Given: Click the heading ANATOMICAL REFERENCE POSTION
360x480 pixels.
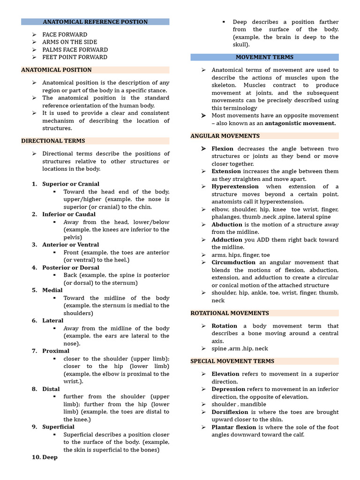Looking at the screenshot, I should point(95,22).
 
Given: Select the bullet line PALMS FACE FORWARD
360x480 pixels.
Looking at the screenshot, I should point(75,50).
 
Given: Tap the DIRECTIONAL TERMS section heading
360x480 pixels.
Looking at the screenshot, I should point(53,141).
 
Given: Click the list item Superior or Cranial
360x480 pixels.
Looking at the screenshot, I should point(71,184).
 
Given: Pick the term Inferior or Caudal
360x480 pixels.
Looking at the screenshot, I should point(68,214).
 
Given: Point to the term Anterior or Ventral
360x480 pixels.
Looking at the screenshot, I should point(70,245).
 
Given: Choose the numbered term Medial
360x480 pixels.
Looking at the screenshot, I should point(52,290).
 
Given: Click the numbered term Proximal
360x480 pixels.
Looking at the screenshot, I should point(55,351).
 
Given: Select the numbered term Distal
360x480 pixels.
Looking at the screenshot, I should point(51,389).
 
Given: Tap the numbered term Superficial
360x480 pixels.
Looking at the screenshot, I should point(58,427).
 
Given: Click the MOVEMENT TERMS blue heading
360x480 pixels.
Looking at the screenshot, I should point(264,57).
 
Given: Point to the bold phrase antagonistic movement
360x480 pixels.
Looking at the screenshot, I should point(300,123).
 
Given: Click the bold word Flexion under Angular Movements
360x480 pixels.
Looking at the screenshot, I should point(223,149).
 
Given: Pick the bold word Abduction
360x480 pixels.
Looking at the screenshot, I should point(227,225).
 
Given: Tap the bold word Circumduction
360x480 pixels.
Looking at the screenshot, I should point(233,262).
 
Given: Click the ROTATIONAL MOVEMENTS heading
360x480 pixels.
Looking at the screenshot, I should point(229,313).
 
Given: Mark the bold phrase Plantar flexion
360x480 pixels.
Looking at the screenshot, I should point(234,427).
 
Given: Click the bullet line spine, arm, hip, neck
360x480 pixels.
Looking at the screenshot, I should point(240,349).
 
